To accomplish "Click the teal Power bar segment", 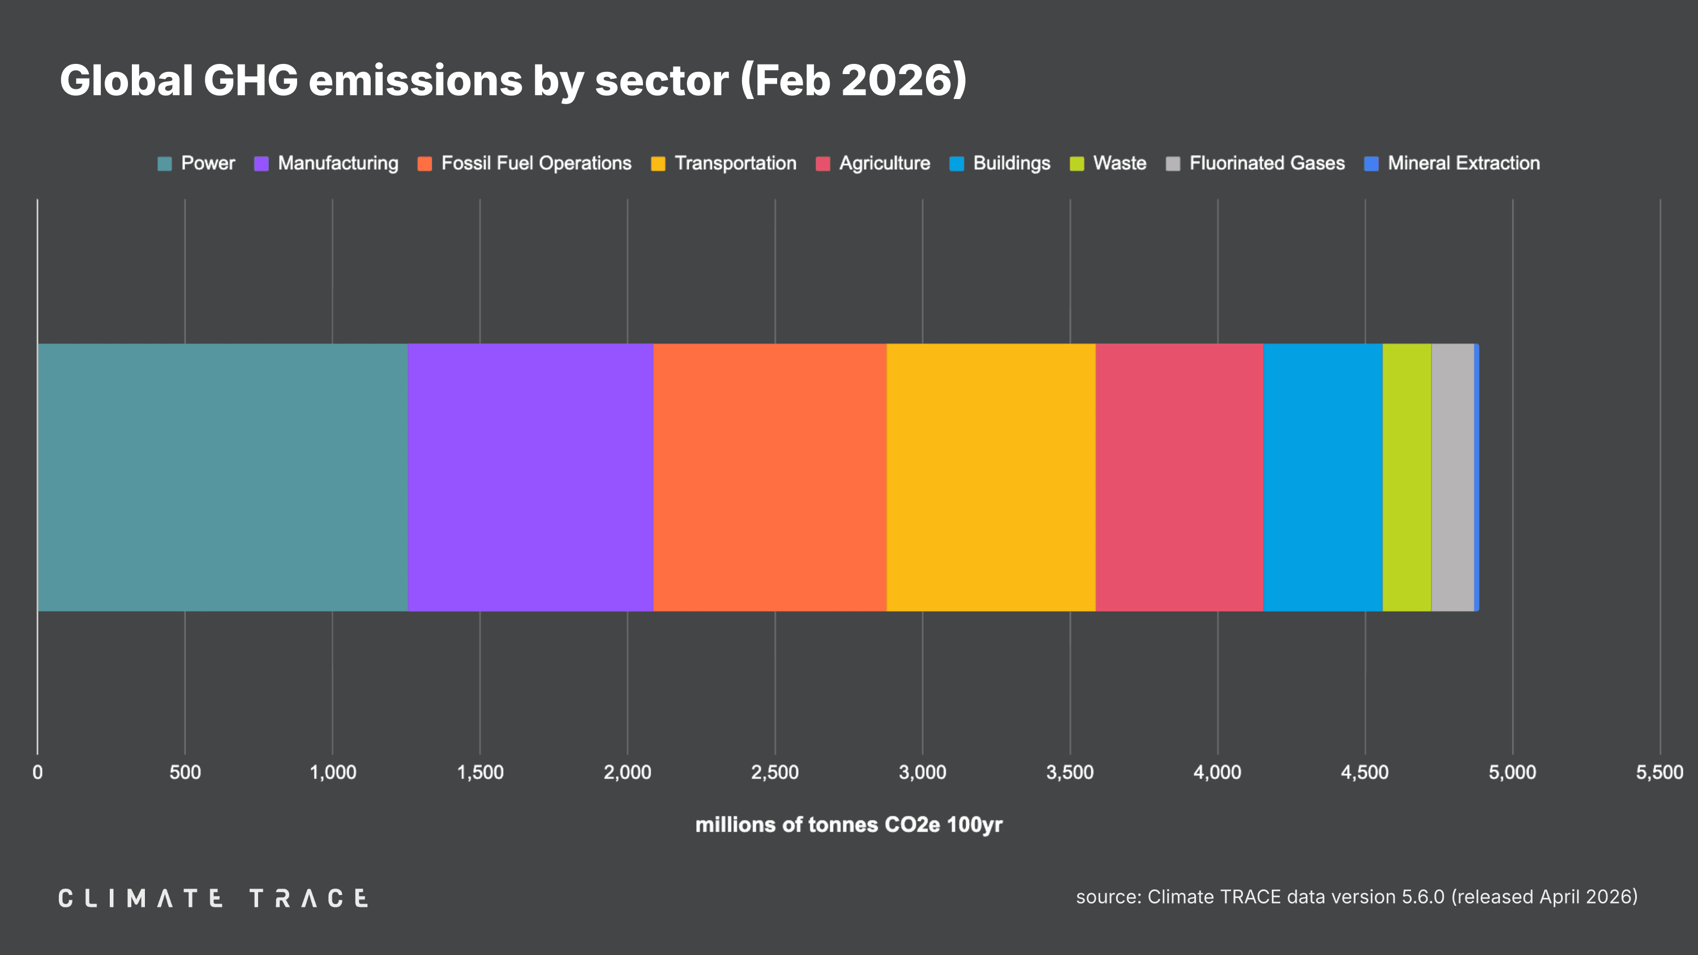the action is [x=223, y=477].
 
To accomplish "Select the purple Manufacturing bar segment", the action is [x=531, y=477].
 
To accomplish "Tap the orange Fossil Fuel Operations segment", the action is [x=770, y=477].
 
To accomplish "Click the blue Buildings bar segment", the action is [x=1323, y=477].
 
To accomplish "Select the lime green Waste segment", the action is [x=1407, y=477].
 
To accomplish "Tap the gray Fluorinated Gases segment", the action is [x=1453, y=477].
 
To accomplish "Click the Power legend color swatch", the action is [x=164, y=164].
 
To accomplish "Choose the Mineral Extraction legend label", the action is [x=1463, y=163].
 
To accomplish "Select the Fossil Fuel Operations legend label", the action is [x=536, y=163].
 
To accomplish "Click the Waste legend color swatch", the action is [x=1077, y=164].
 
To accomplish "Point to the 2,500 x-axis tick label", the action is [x=774, y=772].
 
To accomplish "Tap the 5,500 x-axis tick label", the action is [x=1660, y=772].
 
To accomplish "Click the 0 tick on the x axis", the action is [x=37, y=772].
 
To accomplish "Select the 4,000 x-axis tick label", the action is [x=1217, y=772].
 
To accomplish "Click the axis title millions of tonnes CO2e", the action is [x=849, y=824].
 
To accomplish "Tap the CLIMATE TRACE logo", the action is [x=213, y=898].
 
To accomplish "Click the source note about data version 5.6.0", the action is [x=1357, y=896].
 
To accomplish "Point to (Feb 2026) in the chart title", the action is [x=854, y=80].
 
